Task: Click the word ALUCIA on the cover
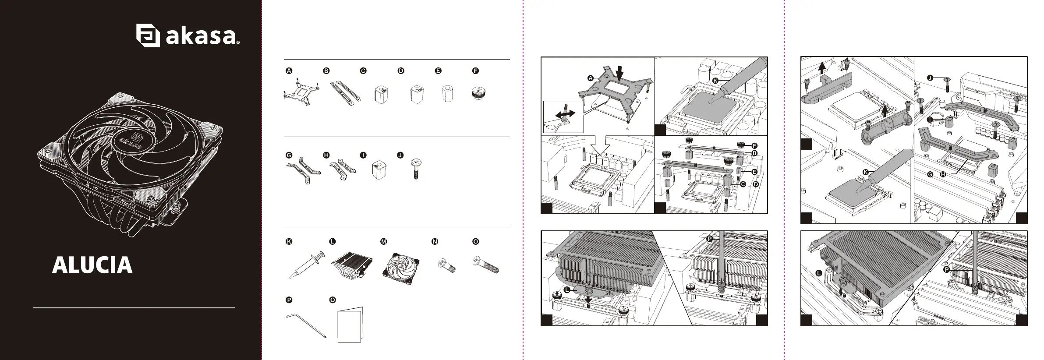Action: point(92,265)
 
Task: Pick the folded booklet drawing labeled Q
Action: point(350,325)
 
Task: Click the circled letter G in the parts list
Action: point(289,155)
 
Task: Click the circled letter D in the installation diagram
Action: point(756,184)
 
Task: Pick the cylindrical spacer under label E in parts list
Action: point(447,94)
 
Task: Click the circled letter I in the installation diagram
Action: point(930,119)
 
